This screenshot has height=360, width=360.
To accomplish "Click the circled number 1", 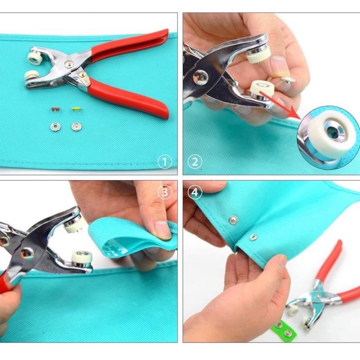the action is (165, 162).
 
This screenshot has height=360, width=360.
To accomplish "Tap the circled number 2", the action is (195, 162).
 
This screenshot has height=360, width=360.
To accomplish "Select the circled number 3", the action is (165, 192).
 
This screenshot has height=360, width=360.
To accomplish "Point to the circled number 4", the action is (195, 192).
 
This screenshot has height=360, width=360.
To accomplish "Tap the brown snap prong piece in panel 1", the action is (54, 109).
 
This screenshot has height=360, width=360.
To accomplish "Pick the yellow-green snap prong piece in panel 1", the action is (76, 109).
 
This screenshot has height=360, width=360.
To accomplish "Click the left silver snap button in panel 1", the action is (55, 127).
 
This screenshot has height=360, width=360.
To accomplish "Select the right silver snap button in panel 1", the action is (76, 127).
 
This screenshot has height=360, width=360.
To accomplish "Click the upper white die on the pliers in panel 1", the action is (35, 58).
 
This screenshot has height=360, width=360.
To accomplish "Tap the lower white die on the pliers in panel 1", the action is (32, 76).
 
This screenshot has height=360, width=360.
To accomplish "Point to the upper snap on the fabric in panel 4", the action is (233, 220).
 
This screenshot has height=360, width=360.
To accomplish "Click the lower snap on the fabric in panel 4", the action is (253, 237).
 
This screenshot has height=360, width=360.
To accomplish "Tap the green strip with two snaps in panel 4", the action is (283, 328).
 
